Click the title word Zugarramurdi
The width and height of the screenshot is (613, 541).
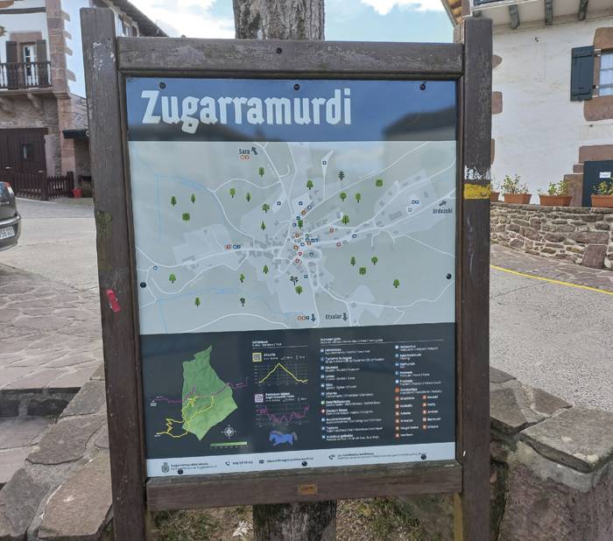pos(245,107)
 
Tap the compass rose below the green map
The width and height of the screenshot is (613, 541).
pos(229,432)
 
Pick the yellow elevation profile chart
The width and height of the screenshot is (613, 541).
pos(282,374)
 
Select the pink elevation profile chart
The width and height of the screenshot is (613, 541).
pos(283,411)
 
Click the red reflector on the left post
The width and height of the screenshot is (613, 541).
pos(113,300)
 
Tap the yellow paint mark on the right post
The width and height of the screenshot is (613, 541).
pos(477,190)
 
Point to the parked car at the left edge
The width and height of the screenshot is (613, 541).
pos(7,216)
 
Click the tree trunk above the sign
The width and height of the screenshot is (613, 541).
pos(278,19)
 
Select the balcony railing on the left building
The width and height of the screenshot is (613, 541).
pos(25,75)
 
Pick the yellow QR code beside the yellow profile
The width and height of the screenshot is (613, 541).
pos(257,357)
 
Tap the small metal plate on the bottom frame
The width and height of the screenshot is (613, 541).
pos(306,489)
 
